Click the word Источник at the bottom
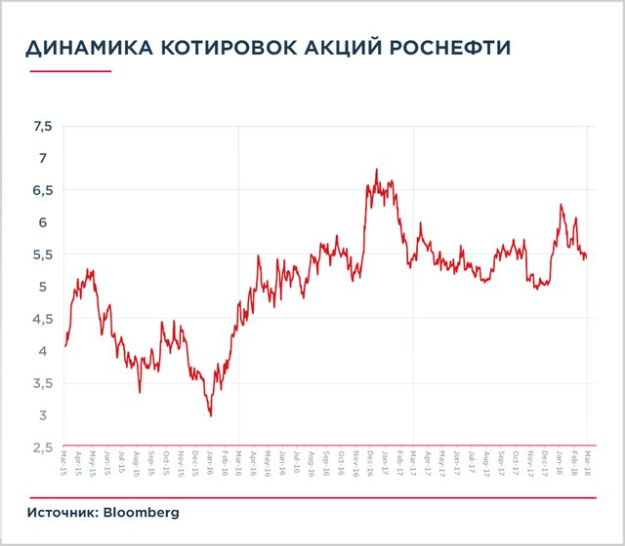click(x=61, y=512)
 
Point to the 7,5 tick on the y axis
click(x=42, y=126)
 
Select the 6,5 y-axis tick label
click(x=42, y=190)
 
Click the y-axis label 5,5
click(x=42, y=254)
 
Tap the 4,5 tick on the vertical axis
click(x=42, y=319)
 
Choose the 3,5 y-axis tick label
click(x=42, y=383)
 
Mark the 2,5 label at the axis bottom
click(x=42, y=448)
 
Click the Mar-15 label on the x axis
click(x=64, y=462)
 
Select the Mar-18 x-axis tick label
click(x=587, y=462)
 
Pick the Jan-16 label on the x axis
click(x=210, y=462)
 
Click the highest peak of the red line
click(x=377, y=170)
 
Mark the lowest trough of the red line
click(x=211, y=416)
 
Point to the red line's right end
click(x=586, y=257)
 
